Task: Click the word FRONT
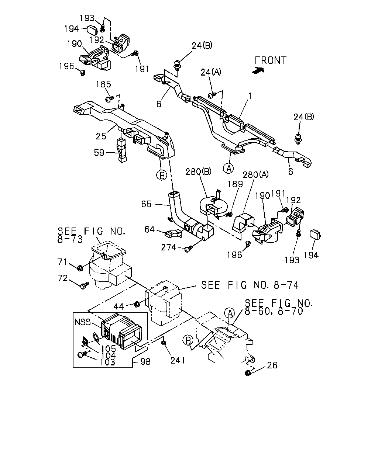coord(270,60)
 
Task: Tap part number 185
coord(103,84)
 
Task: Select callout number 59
coord(99,153)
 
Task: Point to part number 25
coord(101,136)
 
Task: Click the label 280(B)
coord(198,171)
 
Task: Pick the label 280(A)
coord(255,174)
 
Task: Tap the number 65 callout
coord(146,204)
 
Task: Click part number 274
coord(168,247)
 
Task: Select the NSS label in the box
coord(83,322)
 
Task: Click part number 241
coord(178,360)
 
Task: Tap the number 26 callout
coord(272,365)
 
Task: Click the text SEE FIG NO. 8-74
coord(250,285)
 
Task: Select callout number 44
coord(118,307)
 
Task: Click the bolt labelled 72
coord(85,285)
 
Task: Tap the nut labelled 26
coord(248,373)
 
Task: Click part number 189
coord(235,184)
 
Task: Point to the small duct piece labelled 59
coord(122,150)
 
